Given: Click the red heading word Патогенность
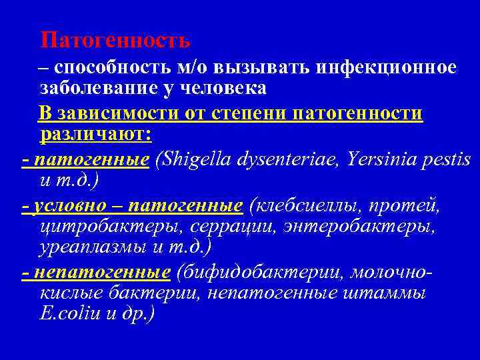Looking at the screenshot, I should click(x=115, y=41).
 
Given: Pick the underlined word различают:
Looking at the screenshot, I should click(x=96, y=135).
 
